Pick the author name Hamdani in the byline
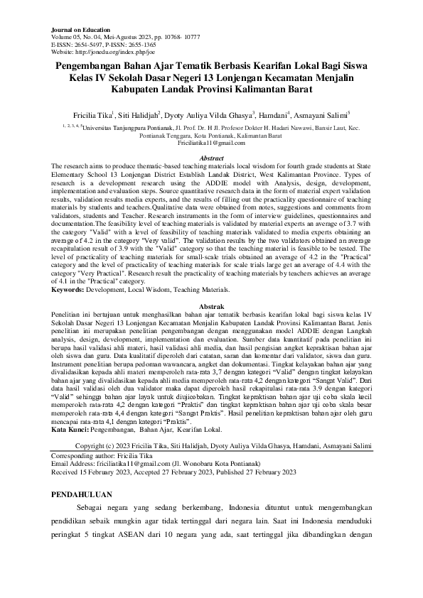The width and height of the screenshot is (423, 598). click(273, 114)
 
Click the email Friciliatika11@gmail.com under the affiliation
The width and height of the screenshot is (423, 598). click(211, 143)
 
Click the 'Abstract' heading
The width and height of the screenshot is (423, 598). click(212, 158)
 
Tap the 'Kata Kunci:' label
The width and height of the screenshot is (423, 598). click(74, 430)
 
